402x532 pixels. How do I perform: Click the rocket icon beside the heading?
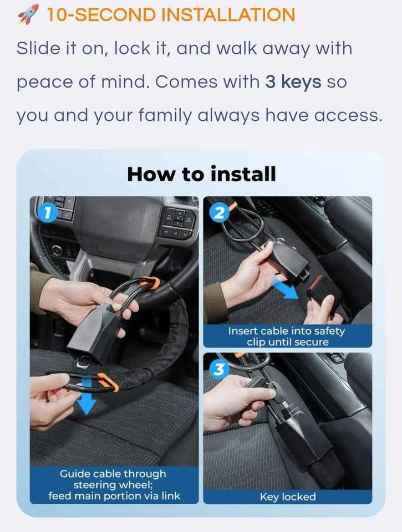click(x=28, y=14)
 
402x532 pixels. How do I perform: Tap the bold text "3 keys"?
click(x=293, y=82)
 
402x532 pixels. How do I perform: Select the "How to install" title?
click(x=201, y=174)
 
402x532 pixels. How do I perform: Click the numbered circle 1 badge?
click(x=48, y=213)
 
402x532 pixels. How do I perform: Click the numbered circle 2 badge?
click(x=220, y=213)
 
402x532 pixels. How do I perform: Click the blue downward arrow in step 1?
click(x=86, y=396)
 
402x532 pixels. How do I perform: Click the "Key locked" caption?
click(x=288, y=497)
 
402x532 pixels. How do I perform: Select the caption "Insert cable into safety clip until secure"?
click(x=287, y=336)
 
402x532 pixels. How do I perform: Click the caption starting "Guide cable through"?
click(x=114, y=485)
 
